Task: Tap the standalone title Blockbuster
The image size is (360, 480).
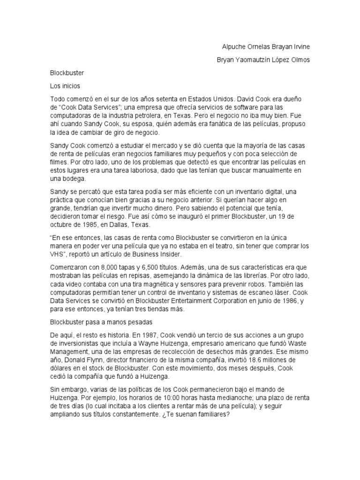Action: pyautogui.click(x=67, y=73)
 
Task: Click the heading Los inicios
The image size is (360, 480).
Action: pyautogui.click(x=65, y=86)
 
